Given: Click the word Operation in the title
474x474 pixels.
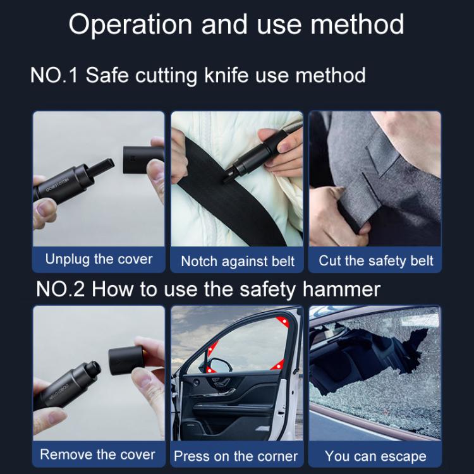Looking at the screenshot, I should click(130, 25).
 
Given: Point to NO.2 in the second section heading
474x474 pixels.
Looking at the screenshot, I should click(61, 289).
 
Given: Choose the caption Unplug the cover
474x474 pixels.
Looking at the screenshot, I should click(99, 259).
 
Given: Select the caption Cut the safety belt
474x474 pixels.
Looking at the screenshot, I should click(375, 260).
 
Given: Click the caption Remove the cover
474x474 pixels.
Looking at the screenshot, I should click(97, 454).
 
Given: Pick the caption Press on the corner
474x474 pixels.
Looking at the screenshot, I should click(236, 456).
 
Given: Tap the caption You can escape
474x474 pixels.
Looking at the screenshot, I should click(375, 456).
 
